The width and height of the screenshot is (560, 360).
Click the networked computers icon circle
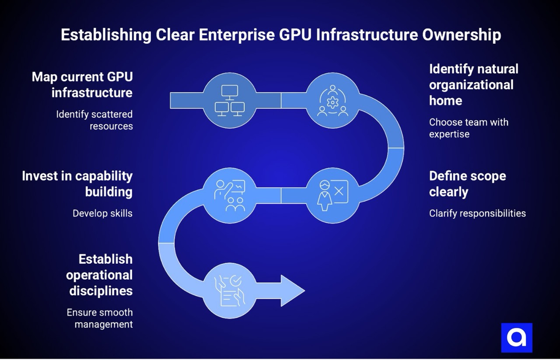pyautogui.click(x=230, y=101)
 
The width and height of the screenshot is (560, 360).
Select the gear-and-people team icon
pyautogui.click(x=332, y=101)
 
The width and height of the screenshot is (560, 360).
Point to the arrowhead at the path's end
pyautogui.click(x=292, y=291)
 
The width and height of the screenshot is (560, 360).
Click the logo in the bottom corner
pyautogui.click(x=517, y=338)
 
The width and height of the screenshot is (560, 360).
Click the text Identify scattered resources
pyautogui.click(x=94, y=120)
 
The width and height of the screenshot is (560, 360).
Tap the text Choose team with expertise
pyautogui.click(x=468, y=128)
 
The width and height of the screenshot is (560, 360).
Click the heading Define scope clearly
pyautogui.click(x=467, y=184)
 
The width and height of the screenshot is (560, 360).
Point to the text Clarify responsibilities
pyautogui.click(x=477, y=213)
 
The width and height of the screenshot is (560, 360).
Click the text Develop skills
pyautogui.click(x=102, y=213)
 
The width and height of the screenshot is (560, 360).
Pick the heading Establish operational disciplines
pyautogui.click(x=100, y=275)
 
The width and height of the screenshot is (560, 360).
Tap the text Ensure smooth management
pyautogui.click(x=100, y=318)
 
